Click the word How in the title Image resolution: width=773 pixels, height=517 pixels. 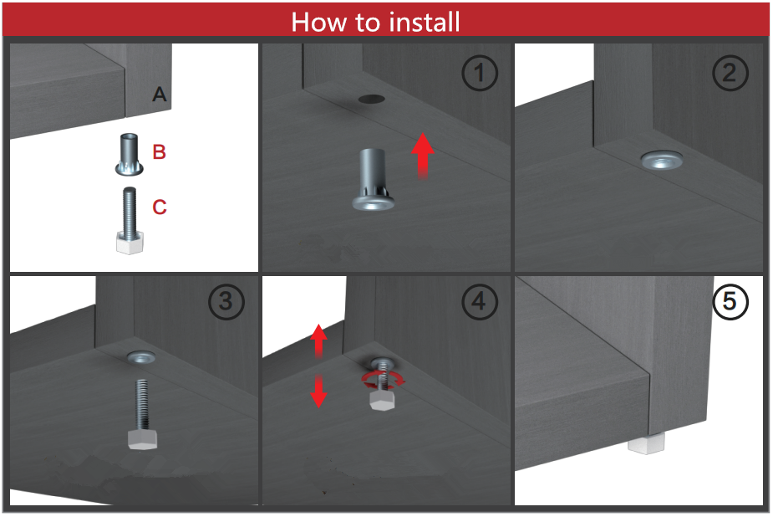tap(319, 23)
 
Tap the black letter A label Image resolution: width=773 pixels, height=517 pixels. tap(160, 94)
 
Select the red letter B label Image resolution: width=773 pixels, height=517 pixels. tap(160, 152)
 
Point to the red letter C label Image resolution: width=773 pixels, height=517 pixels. tap(160, 207)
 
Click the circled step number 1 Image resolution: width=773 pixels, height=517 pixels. tap(479, 73)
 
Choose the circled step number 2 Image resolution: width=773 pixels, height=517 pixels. tap(730, 73)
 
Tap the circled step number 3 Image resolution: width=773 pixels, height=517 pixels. tap(226, 301)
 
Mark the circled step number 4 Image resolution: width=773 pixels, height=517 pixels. tap(479, 301)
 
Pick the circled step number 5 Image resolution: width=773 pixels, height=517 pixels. tap(730, 301)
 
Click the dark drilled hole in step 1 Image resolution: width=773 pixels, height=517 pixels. tap(371, 100)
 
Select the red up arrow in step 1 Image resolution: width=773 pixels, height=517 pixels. tap(423, 155)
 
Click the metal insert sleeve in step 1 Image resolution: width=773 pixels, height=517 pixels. tap(374, 179)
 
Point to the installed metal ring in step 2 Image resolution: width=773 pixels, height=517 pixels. tap(662, 160)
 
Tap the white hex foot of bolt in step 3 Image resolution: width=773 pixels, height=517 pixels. tap(142, 439)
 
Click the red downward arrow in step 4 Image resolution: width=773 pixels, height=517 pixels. tap(318, 390)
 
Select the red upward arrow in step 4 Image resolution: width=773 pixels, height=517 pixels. tap(318, 340)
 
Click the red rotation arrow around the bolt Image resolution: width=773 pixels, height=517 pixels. tap(383, 380)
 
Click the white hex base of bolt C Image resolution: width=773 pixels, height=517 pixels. tap(130, 243)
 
